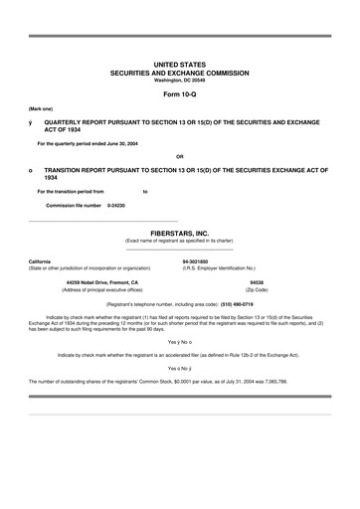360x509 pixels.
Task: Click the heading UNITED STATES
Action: tap(180, 64)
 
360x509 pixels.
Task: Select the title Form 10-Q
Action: tap(180, 93)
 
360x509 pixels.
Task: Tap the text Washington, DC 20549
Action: tap(180, 80)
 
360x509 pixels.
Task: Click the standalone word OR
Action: tap(179, 157)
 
